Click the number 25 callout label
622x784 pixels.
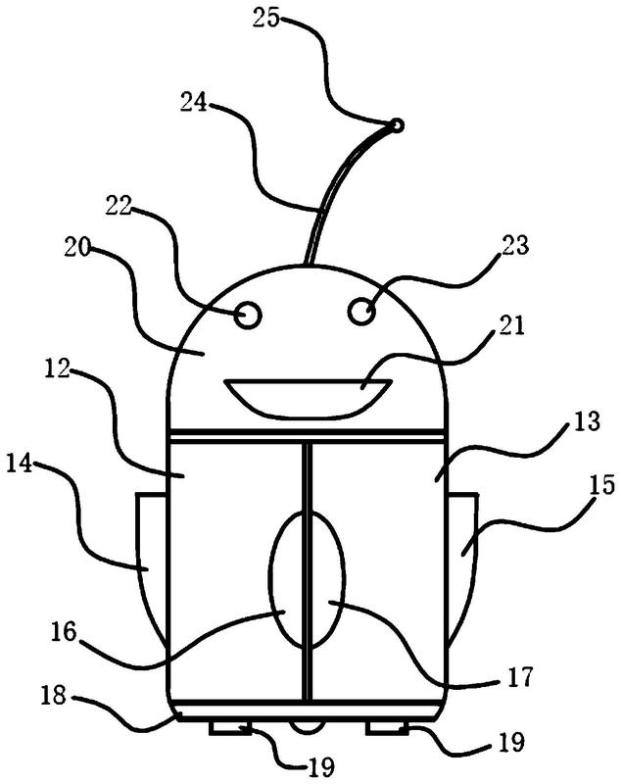coord(267,19)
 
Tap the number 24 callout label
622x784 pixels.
coord(194,103)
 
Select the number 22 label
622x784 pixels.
coord(119,205)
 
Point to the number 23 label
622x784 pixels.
coord(514,245)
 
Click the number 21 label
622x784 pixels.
coord(511,326)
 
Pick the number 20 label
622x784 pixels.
coord(77,247)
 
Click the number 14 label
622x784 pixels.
coord(19,464)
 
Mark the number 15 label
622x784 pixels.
coord(601,485)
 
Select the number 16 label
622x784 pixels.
coord(63,632)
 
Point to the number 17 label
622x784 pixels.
coord(519,678)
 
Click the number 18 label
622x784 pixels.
coord(53,695)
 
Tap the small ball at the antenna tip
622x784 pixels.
coord(397,125)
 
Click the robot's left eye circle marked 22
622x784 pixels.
coord(248,316)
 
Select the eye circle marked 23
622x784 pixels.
coord(361,312)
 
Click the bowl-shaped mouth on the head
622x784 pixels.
coord(308,398)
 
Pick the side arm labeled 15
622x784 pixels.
coord(462,565)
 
